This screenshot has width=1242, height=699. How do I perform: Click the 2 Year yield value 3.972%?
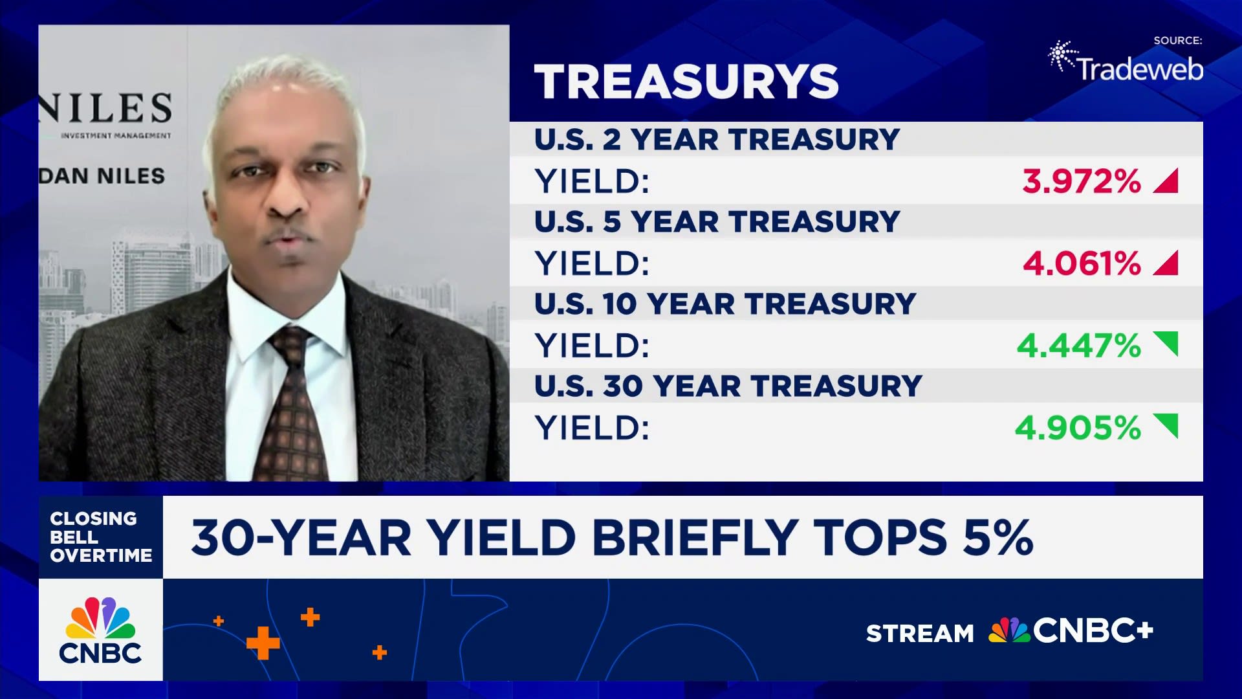point(1082,181)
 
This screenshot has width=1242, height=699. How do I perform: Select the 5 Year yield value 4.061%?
point(1082,263)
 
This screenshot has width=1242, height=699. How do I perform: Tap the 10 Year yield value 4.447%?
point(1078,346)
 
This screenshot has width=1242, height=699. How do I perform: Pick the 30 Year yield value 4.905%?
point(1078,428)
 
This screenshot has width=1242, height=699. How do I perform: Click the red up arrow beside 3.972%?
point(1167,182)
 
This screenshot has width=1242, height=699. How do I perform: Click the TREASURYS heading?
point(686,82)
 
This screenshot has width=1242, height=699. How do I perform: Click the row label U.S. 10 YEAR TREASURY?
point(725,304)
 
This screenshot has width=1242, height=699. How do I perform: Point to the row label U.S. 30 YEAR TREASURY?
point(728,386)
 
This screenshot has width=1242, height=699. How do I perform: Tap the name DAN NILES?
point(102,176)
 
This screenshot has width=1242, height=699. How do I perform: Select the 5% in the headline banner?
point(997,537)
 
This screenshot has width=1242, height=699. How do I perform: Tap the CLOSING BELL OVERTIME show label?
point(100,537)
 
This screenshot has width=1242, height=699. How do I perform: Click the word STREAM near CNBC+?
point(919,633)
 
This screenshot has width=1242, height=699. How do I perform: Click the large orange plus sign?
point(263,643)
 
